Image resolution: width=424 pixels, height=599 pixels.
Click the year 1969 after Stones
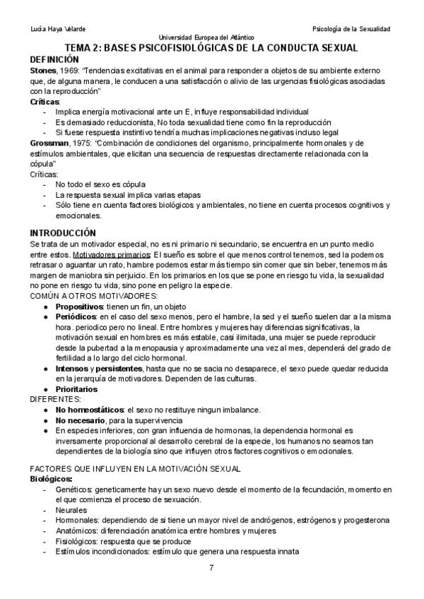(x=72, y=71)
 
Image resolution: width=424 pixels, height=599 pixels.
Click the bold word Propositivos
(x=81, y=307)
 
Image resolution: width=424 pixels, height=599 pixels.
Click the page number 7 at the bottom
(x=212, y=568)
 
